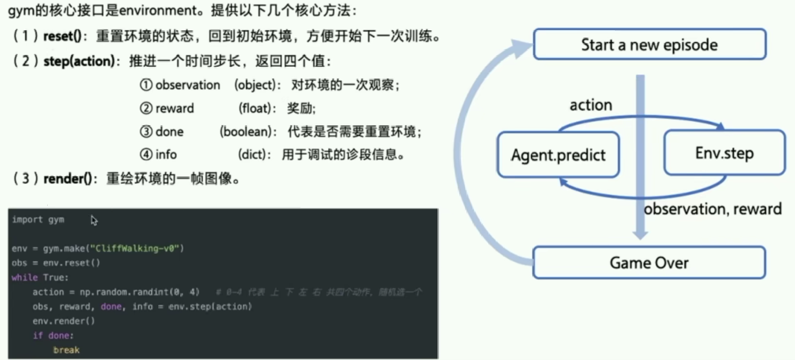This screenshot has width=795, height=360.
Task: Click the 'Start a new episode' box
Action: (649, 44)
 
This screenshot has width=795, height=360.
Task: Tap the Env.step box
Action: (724, 153)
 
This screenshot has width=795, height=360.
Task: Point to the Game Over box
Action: (649, 262)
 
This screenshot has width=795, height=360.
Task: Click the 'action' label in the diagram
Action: (591, 105)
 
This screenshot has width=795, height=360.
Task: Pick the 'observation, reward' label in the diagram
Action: (712, 209)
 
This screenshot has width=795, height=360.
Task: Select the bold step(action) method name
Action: (79, 61)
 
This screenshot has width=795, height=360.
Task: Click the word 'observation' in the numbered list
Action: (188, 85)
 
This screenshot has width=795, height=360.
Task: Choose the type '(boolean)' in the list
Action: (248, 131)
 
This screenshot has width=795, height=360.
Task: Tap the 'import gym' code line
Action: (38, 220)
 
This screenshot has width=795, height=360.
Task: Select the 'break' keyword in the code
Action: (66, 350)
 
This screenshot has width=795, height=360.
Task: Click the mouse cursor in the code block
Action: (94, 221)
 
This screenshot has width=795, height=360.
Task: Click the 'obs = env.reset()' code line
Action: (55, 263)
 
